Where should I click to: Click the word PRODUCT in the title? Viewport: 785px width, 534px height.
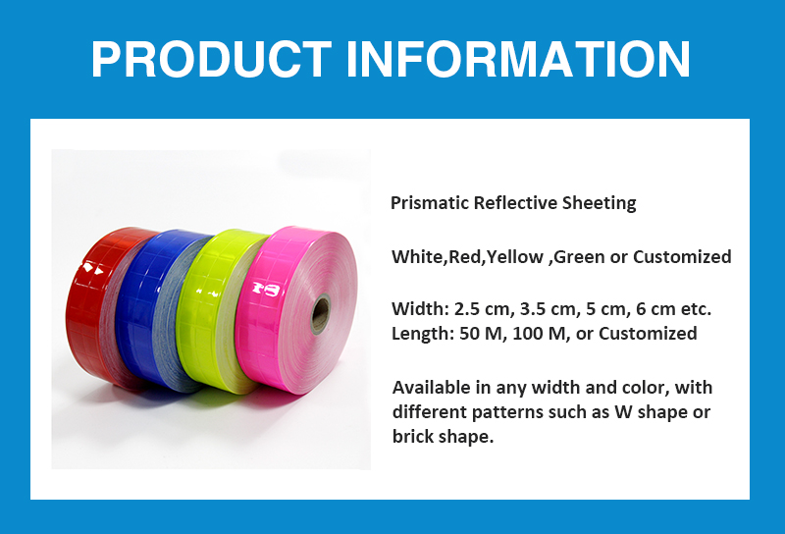[x=211, y=59]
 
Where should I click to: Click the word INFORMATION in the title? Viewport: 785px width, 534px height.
[x=518, y=59]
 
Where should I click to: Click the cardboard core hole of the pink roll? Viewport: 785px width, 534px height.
[x=320, y=314]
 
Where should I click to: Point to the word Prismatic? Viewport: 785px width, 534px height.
[x=430, y=203]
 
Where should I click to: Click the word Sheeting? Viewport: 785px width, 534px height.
[x=599, y=203]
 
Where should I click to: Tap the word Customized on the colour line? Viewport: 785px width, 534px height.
[x=682, y=256]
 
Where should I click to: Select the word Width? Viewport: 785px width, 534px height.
[x=421, y=308]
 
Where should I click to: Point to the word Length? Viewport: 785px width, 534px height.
[x=423, y=334]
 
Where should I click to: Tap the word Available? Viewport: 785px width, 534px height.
[x=432, y=388]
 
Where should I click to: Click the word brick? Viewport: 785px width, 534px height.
[x=412, y=436]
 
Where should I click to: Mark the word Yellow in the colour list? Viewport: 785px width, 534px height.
[x=515, y=257]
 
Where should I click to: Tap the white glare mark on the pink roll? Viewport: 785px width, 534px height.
[x=266, y=289]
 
